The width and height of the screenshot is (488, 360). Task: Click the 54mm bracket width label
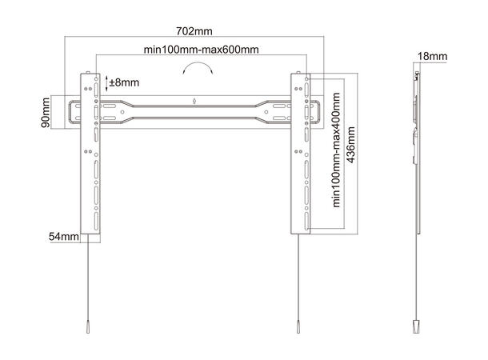click(64, 237)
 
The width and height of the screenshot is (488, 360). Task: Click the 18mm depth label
click(432, 57)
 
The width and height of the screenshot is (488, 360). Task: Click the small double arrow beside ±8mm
click(110, 81)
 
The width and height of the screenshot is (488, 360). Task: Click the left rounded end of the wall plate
click(74, 113)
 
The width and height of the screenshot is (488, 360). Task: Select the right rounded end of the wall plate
click(318, 113)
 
